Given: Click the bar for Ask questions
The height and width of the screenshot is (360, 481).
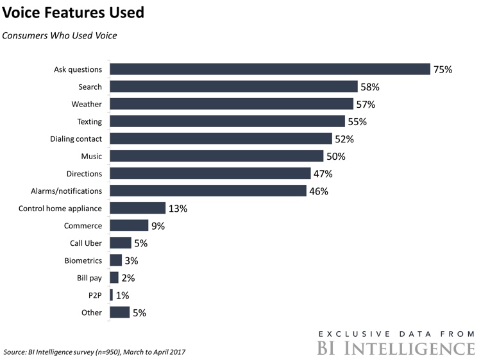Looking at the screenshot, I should pos(269,69).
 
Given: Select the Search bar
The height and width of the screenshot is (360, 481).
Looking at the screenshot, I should pos(233,87).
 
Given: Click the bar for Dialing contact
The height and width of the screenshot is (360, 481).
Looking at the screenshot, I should pos(221,139).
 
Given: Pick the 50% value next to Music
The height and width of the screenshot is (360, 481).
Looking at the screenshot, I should pos(335,156).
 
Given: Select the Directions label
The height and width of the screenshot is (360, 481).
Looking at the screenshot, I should pos(84,173).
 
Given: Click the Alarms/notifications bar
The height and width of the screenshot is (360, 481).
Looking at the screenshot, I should pos(208,191).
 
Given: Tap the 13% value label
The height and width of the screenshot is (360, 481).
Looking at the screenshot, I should pos(177,209).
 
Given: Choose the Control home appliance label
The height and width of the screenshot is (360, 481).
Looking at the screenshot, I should pos(60,209).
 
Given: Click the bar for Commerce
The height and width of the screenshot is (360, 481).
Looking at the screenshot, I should pos(129,226).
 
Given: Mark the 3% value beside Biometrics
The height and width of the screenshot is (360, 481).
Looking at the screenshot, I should pos(131,261).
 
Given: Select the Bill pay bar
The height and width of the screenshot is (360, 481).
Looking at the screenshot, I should pos(114,278).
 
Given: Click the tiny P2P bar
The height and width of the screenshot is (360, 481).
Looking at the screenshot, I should pos(112,295).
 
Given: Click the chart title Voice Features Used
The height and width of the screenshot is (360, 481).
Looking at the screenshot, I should pos(73,12).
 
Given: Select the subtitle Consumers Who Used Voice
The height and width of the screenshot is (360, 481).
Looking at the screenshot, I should pos(59,35).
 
